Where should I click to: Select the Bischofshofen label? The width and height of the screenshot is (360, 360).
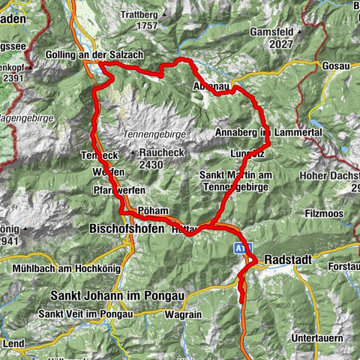[x=127, y=228]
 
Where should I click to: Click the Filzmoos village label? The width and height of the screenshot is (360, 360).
[x=301, y=214]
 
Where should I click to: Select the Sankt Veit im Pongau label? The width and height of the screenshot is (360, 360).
[x=90, y=313]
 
